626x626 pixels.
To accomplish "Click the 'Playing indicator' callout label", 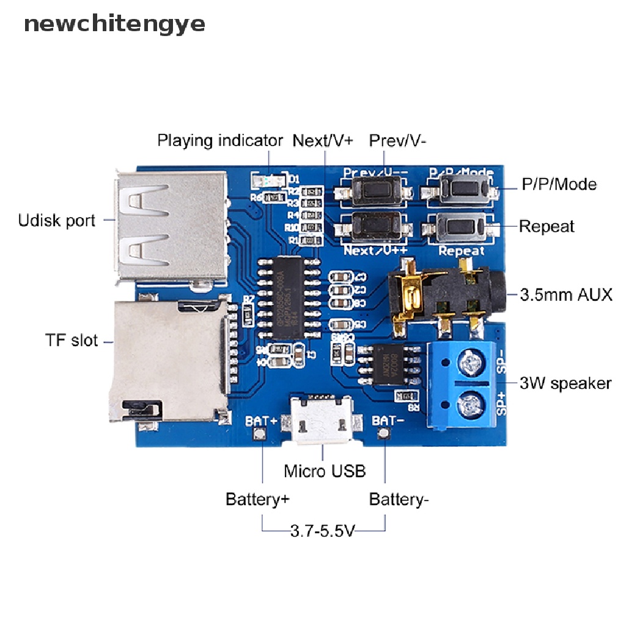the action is coord(220,141).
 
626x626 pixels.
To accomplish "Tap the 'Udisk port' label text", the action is coord(57,219).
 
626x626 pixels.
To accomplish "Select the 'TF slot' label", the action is coord(72,340).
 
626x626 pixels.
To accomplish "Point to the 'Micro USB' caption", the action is coord(325,471).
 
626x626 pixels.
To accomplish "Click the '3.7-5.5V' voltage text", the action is coord(322,530).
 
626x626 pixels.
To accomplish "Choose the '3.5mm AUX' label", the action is coord(565,295).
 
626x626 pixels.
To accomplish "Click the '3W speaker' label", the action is coord(565,383).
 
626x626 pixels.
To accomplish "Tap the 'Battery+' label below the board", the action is coord(257,499).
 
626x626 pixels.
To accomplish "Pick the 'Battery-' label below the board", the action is coord(399,499).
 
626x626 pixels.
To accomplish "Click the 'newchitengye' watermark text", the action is coord(114,24).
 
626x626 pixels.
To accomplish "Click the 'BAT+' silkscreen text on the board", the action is coord(262,421).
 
